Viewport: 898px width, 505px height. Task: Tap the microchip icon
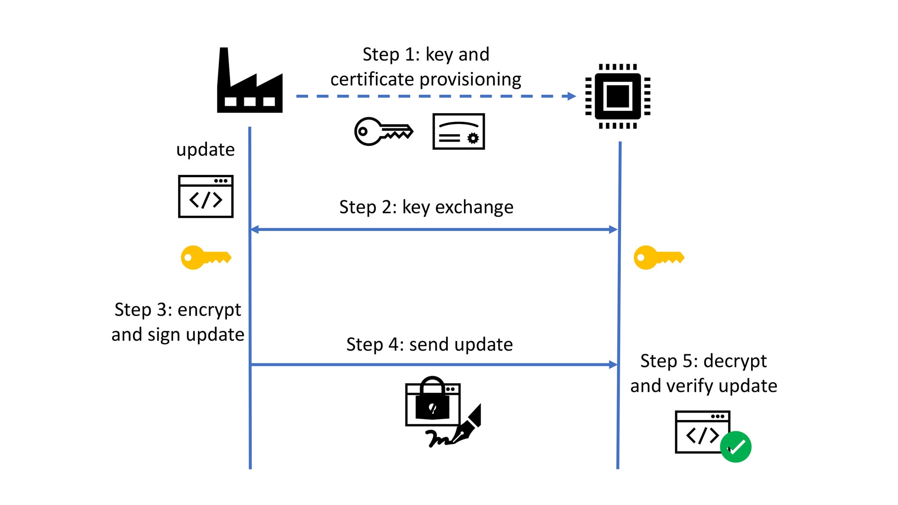(x=617, y=96)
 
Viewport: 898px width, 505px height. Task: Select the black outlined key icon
(x=383, y=131)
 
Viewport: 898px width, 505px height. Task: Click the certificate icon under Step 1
(x=458, y=132)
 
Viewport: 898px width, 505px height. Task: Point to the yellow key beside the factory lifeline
(x=206, y=257)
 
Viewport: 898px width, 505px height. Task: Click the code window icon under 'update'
(x=206, y=196)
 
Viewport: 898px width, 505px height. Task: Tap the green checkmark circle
(x=736, y=447)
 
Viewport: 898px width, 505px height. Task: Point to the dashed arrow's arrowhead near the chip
(x=571, y=96)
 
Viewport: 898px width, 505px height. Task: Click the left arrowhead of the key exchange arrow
(x=255, y=229)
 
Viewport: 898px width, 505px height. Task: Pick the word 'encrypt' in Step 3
(x=209, y=310)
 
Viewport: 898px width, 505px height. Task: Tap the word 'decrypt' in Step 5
(x=735, y=361)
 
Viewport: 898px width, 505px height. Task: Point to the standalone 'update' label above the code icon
(x=205, y=150)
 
